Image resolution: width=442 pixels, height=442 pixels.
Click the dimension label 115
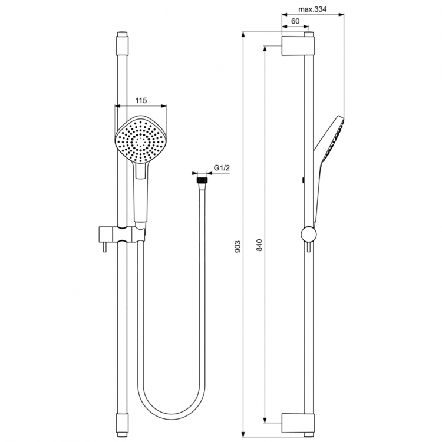[x=141, y=101]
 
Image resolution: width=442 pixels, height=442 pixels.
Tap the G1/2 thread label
[x=222, y=169]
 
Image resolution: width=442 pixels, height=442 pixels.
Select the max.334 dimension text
[x=312, y=9]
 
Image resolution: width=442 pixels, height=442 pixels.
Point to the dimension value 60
[x=296, y=21]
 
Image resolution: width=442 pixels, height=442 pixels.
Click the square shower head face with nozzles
[x=141, y=141]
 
